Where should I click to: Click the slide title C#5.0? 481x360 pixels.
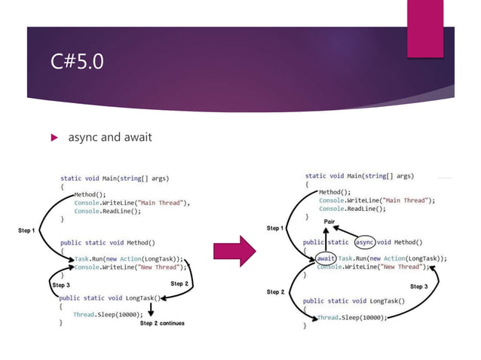click(78, 60)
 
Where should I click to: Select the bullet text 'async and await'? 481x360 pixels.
click(109, 137)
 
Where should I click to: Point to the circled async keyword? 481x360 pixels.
click(365, 243)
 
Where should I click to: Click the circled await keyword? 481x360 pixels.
click(326, 258)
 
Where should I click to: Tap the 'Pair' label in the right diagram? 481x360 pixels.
click(329, 221)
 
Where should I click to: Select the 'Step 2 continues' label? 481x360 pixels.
click(161, 323)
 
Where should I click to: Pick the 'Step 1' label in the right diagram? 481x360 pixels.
click(275, 227)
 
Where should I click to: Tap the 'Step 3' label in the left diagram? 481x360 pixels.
click(60, 285)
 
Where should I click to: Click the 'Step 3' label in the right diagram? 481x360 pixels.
click(418, 286)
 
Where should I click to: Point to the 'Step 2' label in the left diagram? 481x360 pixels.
click(179, 283)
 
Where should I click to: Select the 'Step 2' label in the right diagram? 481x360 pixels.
click(275, 291)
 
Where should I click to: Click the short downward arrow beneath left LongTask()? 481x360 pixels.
click(151, 310)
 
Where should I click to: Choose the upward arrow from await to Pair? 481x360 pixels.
click(325, 239)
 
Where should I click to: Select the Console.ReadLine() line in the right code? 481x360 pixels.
click(352, 209)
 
